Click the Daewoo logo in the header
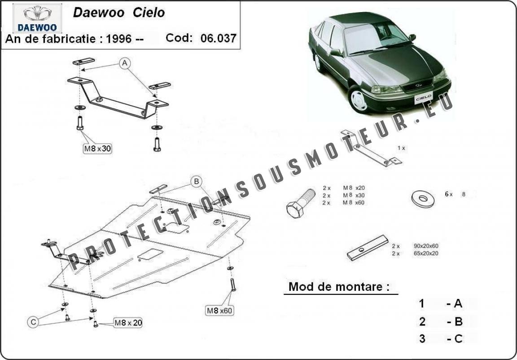[37, 18]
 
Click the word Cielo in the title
[149, 13]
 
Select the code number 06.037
[218, 38]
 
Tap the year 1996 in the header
[118, 39]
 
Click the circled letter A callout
[125, 63]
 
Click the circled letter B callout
[197, 181]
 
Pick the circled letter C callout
[33, 321]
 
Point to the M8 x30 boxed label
[97, 149]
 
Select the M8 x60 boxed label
[219, 311]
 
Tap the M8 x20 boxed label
[128, 323]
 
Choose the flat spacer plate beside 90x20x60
[367, 248]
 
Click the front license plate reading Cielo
[423, 97]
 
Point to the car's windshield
[372, 37]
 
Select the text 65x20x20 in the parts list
[426, 254]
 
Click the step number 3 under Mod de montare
[422, 338]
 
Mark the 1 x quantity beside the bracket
[401, 148]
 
